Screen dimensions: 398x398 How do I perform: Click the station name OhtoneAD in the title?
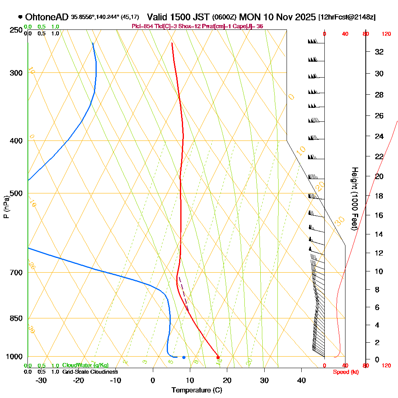click(x=47, y=17)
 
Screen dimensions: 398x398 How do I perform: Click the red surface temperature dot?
click(x=218, y=357)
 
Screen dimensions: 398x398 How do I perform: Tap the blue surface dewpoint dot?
click(x=183, y=357)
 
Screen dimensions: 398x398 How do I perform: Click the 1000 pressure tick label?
click(x=14, y=357)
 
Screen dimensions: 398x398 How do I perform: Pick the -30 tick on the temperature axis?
click(x=41, y=380)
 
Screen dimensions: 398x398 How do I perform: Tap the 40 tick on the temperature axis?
click(x=301, y=380)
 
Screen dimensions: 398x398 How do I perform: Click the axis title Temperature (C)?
click(x=197, y=390)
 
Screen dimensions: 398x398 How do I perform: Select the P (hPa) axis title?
click(x=6, y=207)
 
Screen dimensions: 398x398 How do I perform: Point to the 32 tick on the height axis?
click(x=378, y=52)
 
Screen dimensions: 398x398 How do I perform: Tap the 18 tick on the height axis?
click(x=378, y=196)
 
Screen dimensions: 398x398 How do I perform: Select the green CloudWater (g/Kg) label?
click(x=85, y=365)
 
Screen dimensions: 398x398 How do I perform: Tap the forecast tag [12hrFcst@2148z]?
click(x=347, y=17)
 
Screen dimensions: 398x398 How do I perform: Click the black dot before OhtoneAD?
click(x=20, y=17)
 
